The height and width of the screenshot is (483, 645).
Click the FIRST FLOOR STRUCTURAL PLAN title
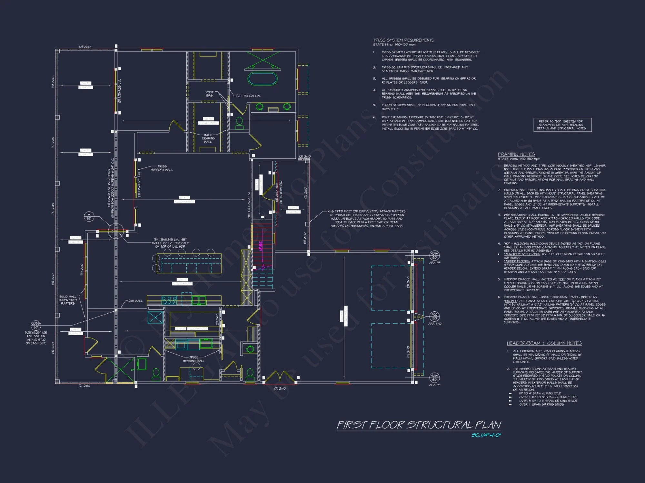[419, 425]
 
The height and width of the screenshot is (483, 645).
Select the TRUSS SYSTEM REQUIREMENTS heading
[403, 40]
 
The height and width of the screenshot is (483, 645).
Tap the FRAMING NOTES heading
[516, 154]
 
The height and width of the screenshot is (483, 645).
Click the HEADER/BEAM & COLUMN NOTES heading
[544, 343]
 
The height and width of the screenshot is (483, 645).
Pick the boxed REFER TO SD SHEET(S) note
[562, 125]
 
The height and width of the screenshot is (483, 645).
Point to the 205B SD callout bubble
[35, 325]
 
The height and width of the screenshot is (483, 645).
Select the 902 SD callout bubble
[434, 316]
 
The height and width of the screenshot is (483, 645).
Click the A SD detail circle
[89, 216]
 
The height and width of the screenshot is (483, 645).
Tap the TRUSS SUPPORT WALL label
[162, 168]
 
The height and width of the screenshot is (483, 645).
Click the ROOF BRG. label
[210, 94]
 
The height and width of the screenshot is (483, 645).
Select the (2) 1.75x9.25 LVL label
[248, 96]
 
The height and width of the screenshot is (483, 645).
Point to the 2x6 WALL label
[135, 301]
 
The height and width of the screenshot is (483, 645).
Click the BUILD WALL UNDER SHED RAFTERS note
[68, 300]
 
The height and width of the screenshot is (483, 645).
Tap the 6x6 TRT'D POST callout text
[367, 219]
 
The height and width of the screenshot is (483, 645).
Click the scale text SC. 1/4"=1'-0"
[486, 435]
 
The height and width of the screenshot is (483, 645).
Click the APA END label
[434, 324]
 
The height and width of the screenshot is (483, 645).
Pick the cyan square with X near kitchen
[155, 317]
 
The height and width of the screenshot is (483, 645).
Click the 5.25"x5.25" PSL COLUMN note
[36, 338]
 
